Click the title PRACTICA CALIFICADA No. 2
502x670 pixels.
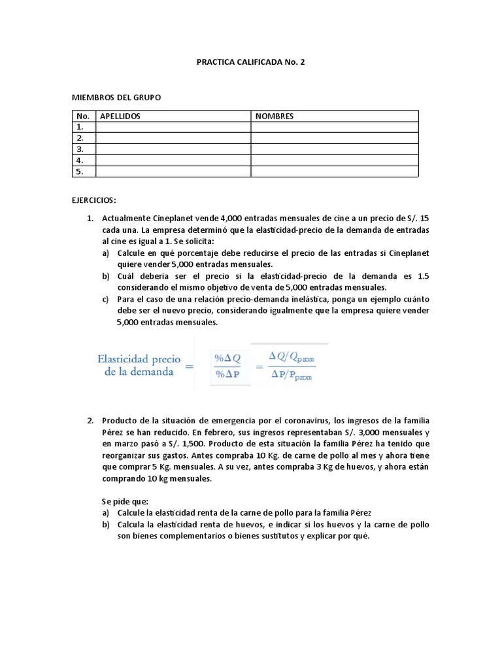pos(251,63)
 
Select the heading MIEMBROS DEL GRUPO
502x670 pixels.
pos(116,97)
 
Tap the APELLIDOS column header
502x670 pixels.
pos(120,116)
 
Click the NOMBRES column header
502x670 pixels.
pos(275,116)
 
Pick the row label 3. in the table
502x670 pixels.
pos(80,149)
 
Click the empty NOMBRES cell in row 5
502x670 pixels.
pos(334,171)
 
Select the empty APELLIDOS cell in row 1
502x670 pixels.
pos(173,127)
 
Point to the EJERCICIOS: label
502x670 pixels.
pos(93,199)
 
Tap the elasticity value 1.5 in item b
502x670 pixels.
pos(422,276)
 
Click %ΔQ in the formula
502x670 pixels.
pos(229,357)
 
